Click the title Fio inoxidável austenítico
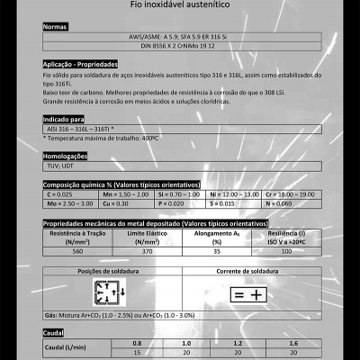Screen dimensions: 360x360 (179, 6)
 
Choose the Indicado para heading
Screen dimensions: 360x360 (63, 119)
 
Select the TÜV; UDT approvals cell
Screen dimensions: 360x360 (60, 166)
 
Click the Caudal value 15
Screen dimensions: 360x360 (137, 353)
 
